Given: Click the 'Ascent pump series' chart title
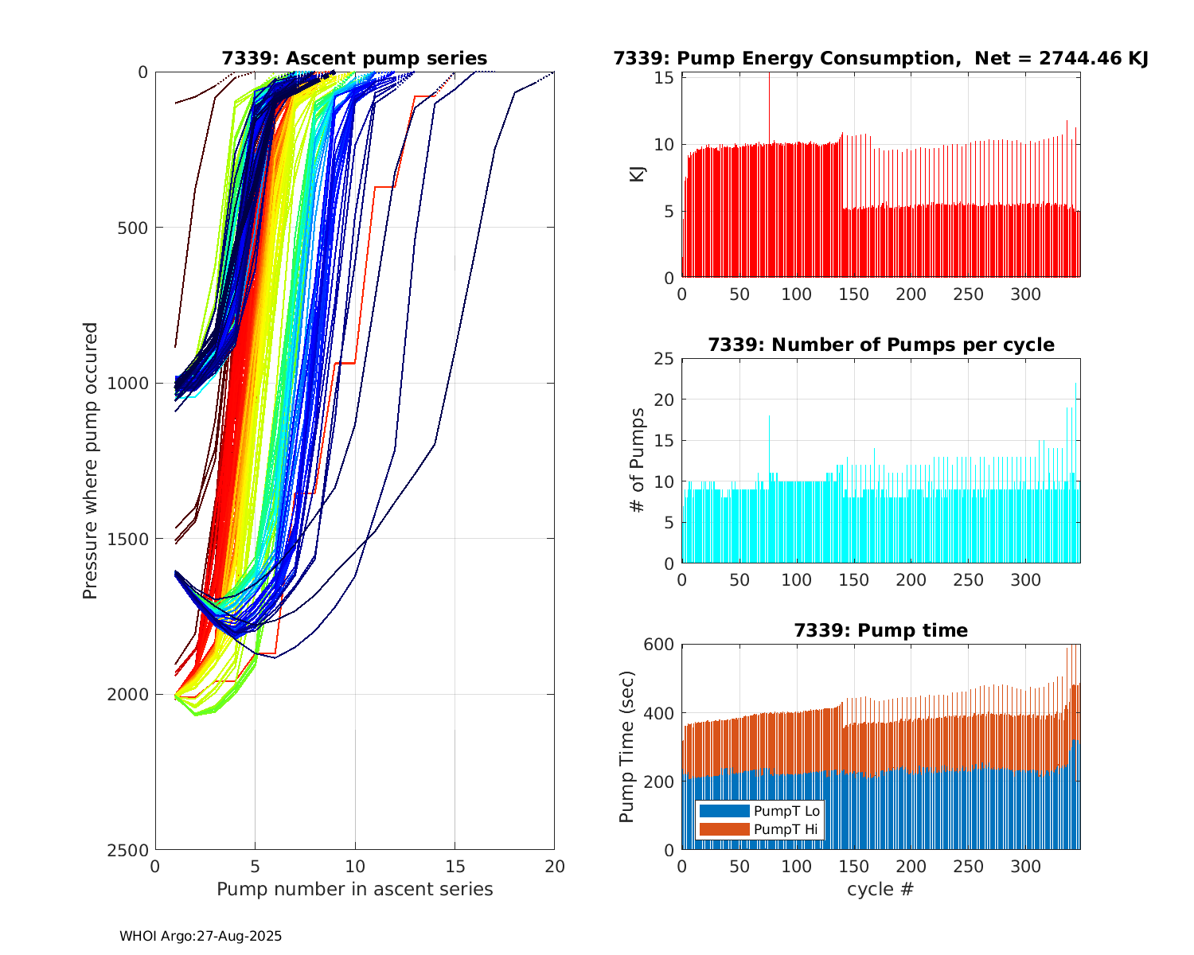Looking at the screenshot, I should tap(354, 58).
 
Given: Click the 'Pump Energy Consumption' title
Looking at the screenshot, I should tap(880, 58).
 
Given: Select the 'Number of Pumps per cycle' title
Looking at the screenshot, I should tap(880, 345).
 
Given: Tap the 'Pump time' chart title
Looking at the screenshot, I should tap(880, 630).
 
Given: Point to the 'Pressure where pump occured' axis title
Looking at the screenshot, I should tap(90, 461).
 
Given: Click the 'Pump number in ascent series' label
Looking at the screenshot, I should tap(354, 889).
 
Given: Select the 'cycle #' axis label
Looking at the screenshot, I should tap(880, 889).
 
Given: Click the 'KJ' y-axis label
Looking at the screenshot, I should tap(637, 173).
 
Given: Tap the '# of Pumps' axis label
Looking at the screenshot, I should tap(637, 460).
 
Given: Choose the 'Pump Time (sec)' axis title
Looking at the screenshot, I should tap(627, 746).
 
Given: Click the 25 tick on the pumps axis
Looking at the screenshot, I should tap(663, 359).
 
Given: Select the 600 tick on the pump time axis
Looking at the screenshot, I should tap(658, 645).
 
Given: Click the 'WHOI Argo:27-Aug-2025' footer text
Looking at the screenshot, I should tap(201, 936).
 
